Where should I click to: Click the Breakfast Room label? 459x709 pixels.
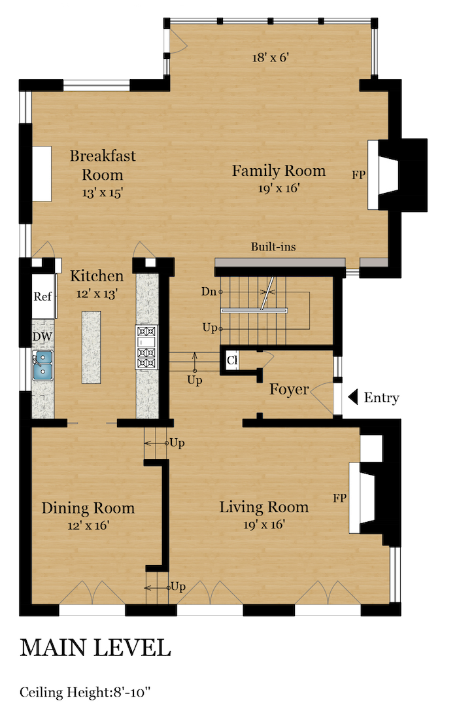pyautogui.click(x=103, y=165)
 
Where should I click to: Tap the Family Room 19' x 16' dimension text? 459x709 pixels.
pyautogui.click(x=279, y=188)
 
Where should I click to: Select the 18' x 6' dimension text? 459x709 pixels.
pyautogui.click(x=271, y=58)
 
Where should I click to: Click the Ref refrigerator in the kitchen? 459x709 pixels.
pyautogui.click(x=43, y=296)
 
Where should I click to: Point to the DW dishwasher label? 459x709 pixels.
pyautogui.click(x=42, y=336)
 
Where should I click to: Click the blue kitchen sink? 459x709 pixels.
pyautogui.click(x=42, y=366)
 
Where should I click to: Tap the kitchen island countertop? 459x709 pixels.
pyautogui.click(x=92, y=347)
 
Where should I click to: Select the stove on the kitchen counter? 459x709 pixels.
pyautogui.click(x=146, y=347)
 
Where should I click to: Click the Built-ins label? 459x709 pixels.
pyautogui.click(x=273, y=247)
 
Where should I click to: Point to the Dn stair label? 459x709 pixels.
pyautogui.click(x=209, y=292)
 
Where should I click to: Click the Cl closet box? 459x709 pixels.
pyautogui.click(x=232, y=360)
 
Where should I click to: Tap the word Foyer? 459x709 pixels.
pyautogui.click(x=289, y=389)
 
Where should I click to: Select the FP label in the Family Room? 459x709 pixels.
pyautogui.click(x=358, y=175)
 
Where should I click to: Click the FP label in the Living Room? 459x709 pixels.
pyautogui.click(x=339, y=498)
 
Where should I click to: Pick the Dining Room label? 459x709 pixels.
pyautogui.click(x=88, y=508)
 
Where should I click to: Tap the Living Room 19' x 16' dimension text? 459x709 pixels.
pyautogui.click(x=264, y=525)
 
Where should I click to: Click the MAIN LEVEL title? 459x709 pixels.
pyautogui.click(x=95, y=648)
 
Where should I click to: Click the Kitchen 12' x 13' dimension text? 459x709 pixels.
pyautogui.click(x=97, y=294)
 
